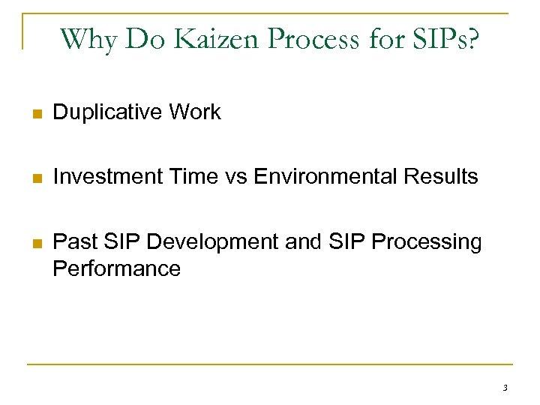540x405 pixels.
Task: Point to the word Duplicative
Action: coord(109,112)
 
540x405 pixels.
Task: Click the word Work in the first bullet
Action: coord(196,112)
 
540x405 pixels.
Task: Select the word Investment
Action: coord(108,177)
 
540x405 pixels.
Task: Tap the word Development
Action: coord(200,242)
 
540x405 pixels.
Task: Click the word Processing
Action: coord(427,242)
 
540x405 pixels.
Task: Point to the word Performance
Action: coord(116,268)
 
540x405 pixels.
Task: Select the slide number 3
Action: coord(505,388)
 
